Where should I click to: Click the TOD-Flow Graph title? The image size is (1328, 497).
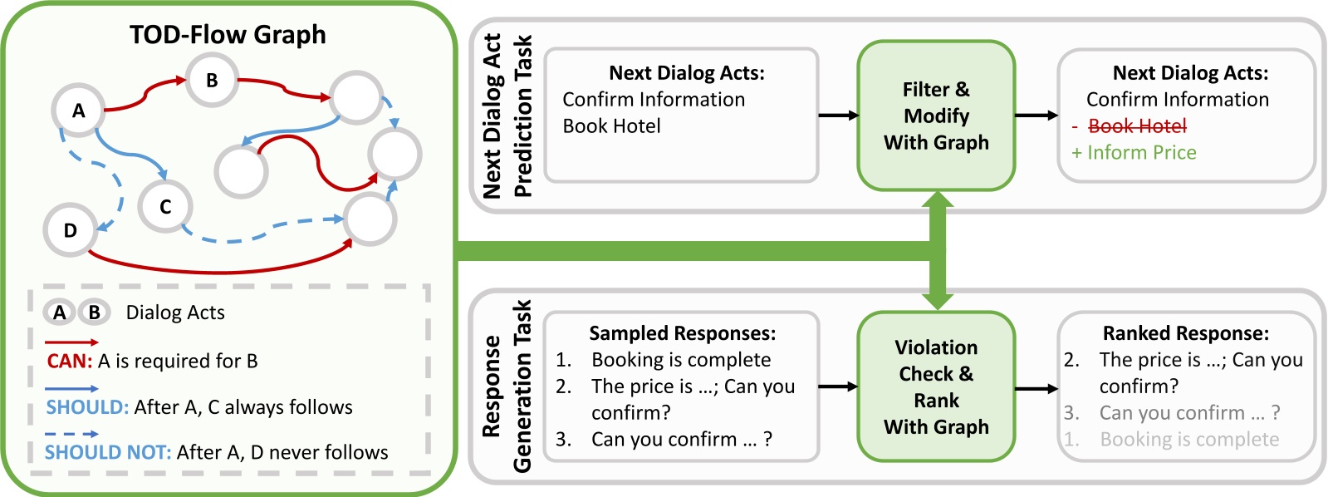click(228, 35)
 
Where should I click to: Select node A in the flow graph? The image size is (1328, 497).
click(78, 111)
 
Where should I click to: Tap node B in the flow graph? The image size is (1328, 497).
click(211, 81)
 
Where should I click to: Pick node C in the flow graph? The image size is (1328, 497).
click(165, 207)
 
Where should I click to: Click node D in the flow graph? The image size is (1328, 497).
click(70, 230)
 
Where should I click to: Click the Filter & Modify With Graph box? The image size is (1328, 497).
click(936, 116)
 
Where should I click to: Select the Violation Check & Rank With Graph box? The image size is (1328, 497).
click(936, 386)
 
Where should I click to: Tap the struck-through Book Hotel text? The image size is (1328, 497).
click(1137, 126)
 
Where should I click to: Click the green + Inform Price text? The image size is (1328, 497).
click(1134, 153)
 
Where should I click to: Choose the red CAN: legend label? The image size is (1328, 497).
click(70, 362)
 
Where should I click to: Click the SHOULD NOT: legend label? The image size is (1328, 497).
click(107, 452)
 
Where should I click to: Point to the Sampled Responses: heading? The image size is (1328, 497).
click(682, 333)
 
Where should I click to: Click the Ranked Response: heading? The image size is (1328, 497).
click(1185, 333)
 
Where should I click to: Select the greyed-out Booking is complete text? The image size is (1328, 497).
click(1188, 440)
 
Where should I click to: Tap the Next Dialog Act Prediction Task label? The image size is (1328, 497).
click(507, 116)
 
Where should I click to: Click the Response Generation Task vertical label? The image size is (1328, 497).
click(507, 386)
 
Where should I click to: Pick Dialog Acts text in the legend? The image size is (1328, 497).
click(174, 312)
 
